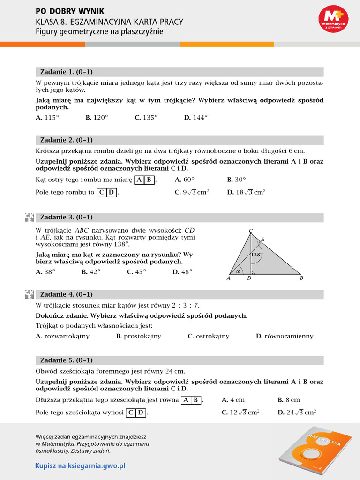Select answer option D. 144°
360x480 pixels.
click(195, 118)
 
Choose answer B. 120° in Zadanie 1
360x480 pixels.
click(97, 118)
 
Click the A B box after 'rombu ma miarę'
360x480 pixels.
click(144, 180)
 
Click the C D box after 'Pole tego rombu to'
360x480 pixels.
click(107, 192)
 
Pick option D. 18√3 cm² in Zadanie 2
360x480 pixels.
click(246, 192)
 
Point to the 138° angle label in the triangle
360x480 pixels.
click(256, 255)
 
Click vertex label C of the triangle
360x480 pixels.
click(251, 230)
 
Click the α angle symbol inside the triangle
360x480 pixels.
click(238, 271)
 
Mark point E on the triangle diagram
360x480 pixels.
click(262, 240)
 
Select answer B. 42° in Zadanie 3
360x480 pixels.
click(91, 272)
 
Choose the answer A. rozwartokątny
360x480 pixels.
click(62, 336)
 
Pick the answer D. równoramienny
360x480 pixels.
click(285, 336)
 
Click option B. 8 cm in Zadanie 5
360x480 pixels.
click(289, 400)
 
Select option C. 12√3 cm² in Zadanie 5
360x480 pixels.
click(240, 412)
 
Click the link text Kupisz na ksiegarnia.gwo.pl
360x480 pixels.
click(81, 466)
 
